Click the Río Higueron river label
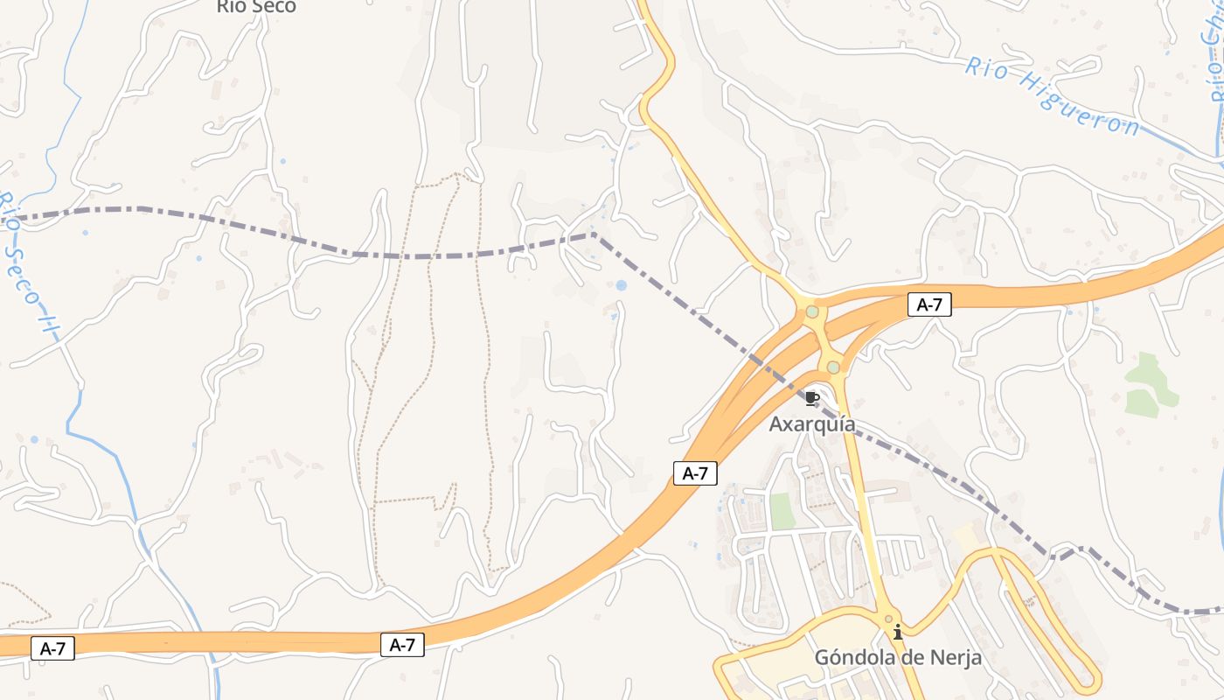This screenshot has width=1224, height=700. [1052, 95]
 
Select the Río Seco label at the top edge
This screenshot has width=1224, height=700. [256, 7]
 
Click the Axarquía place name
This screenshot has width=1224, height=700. [812, 424]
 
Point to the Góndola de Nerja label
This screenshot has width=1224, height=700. [898, 657]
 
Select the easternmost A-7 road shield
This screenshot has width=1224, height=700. [929, 304]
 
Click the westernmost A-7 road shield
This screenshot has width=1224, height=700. [52, 648]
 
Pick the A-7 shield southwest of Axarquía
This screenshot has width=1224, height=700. [695, 473]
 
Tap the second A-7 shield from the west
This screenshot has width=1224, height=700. [402, 646]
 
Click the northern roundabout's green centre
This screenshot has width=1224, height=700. [812, 311]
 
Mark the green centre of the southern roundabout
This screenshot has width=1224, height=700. [833, 367]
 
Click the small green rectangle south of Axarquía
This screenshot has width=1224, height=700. [781, 511]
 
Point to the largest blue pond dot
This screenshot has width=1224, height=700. [621, 285]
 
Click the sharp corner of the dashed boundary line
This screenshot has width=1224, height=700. [594, 234]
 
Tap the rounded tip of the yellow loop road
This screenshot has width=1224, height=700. [1090, 680]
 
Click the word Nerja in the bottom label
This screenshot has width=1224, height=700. [952, 657]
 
